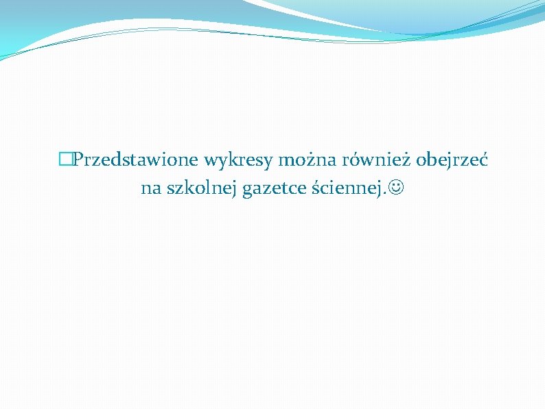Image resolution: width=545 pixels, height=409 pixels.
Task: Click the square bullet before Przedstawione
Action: pos(65,161)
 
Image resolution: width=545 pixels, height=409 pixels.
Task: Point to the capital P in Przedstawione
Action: pos(78,161)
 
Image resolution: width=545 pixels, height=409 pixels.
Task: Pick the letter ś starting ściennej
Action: pos(315,188)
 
